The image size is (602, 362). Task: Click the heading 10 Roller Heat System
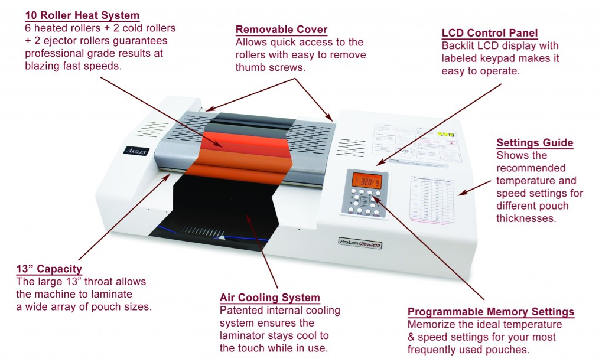click(x=82, y=15)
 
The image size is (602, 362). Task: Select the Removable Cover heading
click(x=281, y=30)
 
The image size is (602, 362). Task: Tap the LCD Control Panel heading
click(x=490, y=32)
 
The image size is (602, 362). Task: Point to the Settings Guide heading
click(x=535, y=142)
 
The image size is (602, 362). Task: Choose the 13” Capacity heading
click(x=49, y=269)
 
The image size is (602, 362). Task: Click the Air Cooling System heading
click(x=270, y=298)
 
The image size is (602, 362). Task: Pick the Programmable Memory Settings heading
click(x=491, y=312)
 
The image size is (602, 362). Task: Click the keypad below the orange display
click(x=366, y=203)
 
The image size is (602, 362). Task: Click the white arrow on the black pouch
click(x=223, y=239)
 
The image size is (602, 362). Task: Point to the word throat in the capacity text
click(x=92, y=282)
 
